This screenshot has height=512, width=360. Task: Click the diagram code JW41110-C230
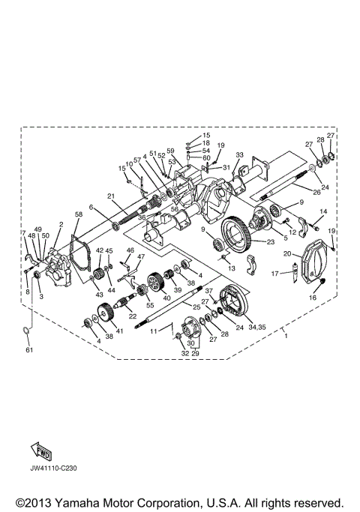click(55, 468)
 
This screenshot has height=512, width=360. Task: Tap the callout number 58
click(77, 214)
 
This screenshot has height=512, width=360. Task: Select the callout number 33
click(240, 155)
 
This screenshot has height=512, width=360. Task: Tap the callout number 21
click(109, 196)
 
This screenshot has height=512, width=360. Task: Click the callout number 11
click(153, 331)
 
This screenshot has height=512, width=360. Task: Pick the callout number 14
click(323, 212)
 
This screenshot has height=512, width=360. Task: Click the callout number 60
click(206, 158)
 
